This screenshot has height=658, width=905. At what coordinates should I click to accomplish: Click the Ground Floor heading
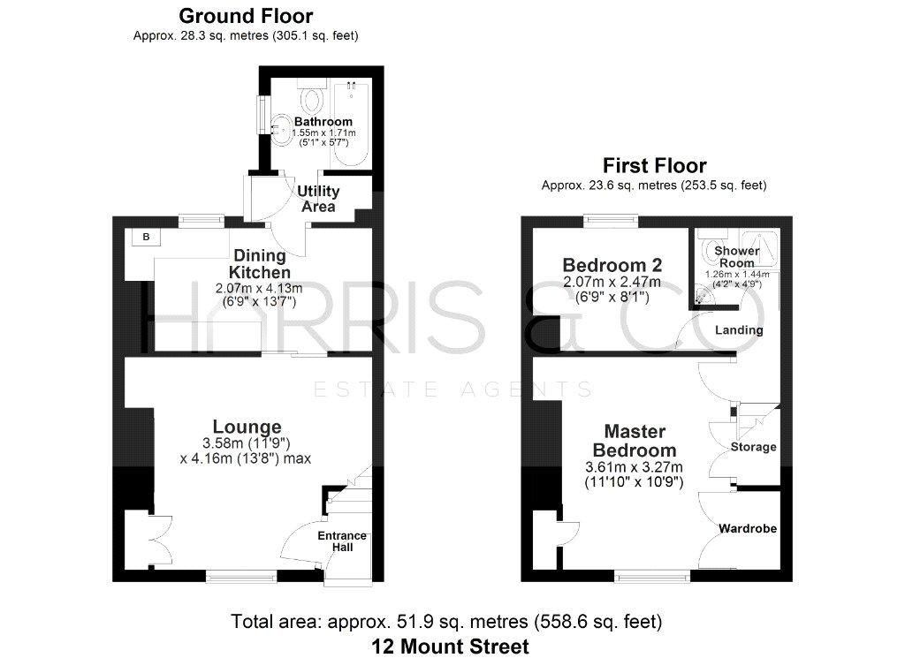tap(246, 16)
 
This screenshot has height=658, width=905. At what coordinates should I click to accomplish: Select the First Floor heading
tap(655, 165)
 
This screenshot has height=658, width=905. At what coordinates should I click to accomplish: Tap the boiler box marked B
tap(146, 237)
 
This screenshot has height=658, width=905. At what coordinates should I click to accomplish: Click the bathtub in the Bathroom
tap(350, 124)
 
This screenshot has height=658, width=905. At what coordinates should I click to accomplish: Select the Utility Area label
tap(318, 199)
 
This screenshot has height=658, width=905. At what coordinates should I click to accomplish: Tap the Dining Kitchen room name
tap(259, 263)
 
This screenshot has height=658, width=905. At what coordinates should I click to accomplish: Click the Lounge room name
tap(247, 427)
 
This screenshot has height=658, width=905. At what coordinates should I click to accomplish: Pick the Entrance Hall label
tap(342, 541)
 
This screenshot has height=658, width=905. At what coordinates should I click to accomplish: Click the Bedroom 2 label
tap(612, 265)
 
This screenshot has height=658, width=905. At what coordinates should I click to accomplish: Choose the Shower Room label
tap(737, 257)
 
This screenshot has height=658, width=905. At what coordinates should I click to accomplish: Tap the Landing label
tap(739, 329)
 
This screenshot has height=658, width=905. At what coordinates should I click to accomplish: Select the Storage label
tap(753, 447)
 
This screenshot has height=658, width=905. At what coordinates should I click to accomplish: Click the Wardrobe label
tap(748, 528)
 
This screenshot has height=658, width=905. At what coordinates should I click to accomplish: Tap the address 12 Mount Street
tap(450, 647)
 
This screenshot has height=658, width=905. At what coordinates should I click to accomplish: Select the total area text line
tap(446, 622)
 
